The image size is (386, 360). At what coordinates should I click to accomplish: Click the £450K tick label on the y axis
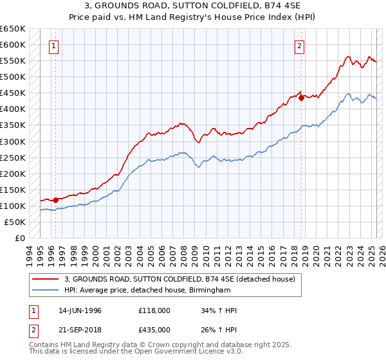(13, 93)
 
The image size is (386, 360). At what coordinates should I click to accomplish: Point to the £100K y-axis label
(13, 206)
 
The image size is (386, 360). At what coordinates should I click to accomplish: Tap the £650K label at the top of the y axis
(13, 29)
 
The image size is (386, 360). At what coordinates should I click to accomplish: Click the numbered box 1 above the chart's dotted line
(53, 46)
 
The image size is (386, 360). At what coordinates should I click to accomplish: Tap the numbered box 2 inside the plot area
(300, 46)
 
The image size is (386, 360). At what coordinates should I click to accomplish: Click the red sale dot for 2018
(301, 98)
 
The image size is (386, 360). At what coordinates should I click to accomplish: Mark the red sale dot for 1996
(56, 200)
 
